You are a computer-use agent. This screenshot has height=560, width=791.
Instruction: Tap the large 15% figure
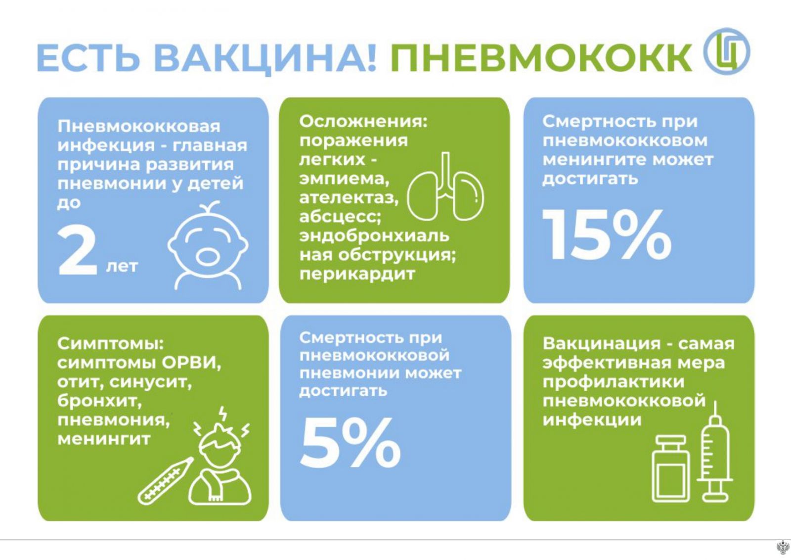607,235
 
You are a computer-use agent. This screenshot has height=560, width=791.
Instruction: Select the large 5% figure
350,442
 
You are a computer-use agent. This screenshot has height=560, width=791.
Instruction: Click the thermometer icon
165,481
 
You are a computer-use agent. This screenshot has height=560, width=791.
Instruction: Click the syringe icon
714,452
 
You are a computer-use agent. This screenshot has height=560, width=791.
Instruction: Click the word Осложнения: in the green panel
363,122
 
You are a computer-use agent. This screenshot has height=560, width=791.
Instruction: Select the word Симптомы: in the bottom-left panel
111,344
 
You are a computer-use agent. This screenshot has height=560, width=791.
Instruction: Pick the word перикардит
357,275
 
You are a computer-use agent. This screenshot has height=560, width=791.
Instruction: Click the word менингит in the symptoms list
104,439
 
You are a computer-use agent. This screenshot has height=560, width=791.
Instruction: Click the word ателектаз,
349,198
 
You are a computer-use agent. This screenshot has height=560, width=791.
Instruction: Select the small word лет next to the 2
122,267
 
